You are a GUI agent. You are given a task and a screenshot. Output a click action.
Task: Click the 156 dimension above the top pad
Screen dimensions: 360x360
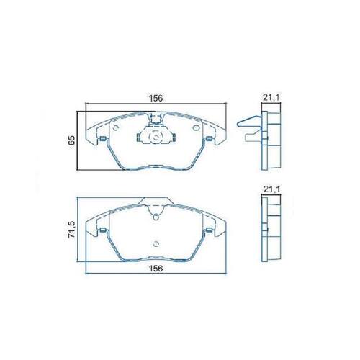(156, 99)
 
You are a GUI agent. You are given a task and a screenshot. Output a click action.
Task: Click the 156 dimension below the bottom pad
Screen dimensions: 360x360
(156, 269)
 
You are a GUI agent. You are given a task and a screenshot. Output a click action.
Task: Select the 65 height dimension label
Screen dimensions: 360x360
(71, 140)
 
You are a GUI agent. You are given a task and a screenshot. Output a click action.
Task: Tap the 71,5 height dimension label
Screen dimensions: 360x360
(71, 230)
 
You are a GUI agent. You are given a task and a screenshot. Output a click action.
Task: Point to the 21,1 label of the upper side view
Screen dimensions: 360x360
(271, 98)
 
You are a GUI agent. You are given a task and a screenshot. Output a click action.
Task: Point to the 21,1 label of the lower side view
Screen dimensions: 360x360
(271, 189)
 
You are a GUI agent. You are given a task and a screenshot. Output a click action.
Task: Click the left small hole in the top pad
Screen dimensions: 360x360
(115, 128)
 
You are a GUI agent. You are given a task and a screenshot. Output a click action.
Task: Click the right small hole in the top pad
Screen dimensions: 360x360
(197, 128)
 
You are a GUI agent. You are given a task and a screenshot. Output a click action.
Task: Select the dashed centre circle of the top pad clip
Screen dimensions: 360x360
(156, 138)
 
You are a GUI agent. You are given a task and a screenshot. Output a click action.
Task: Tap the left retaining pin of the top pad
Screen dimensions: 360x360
(103, 139)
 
